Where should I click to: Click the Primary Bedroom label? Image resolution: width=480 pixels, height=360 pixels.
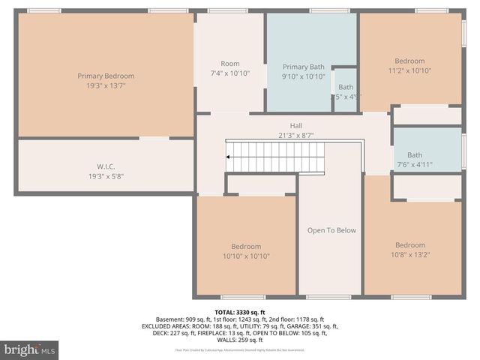(106, 76)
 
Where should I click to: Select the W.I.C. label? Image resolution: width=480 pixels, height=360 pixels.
(105, 166)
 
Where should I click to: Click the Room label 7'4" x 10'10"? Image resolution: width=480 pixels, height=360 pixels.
(229, 64)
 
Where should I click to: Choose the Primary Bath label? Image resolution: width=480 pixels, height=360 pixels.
(304, 67)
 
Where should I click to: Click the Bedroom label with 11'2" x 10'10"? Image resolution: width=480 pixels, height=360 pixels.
(409, 61)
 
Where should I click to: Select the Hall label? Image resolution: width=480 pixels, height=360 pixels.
(296, 126)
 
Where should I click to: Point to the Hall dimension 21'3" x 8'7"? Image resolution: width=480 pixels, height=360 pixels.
(296, 136)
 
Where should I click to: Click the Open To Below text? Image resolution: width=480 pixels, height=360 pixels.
(331, 230)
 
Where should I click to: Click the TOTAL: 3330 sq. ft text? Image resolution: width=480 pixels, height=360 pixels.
(239, 312)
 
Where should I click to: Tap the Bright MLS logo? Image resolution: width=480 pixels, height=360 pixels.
(30, 349)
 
